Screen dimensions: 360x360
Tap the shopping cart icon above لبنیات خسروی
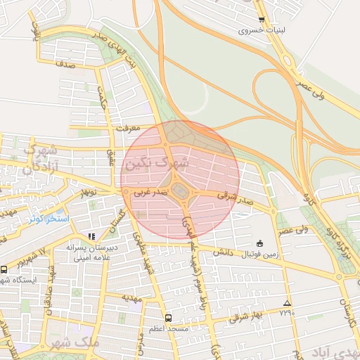[x=262, y=20]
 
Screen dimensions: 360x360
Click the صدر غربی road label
[x=151, y=191]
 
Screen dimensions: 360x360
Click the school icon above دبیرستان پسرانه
[x=91, y=236]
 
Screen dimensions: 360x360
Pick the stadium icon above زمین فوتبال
[x=261, y=241]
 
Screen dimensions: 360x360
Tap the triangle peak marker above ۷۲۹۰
[x=286, y=303]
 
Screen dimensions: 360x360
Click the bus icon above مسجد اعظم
[x=167, y=317]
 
